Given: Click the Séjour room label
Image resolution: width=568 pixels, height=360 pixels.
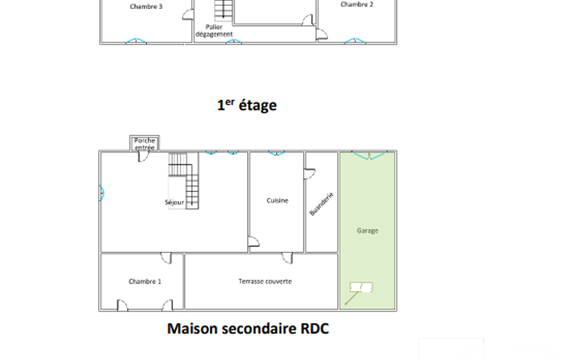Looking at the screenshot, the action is [x=174, y=203].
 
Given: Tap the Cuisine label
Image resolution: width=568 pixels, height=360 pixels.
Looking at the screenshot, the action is [x=278, y=200].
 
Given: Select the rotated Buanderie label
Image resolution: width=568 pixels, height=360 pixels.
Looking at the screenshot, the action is [x=321, y=204].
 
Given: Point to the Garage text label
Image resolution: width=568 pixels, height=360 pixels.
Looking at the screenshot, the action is [x=367, y=231].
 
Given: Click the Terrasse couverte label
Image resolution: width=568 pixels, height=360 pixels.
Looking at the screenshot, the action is [x=265, y=281].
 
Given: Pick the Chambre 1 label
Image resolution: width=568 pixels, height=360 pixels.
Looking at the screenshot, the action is [x=145, y=281].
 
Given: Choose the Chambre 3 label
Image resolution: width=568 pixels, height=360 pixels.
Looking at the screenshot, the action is [x=146, y=7].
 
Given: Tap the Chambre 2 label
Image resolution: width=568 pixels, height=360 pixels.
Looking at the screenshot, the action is [x=357, y=4].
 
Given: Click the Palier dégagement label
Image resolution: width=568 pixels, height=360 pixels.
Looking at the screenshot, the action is [x=214, y=30].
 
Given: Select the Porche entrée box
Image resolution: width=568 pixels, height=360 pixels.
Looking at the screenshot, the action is [x=145, y=143].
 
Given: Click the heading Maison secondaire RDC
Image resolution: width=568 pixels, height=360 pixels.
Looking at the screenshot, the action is [x=248, y=328].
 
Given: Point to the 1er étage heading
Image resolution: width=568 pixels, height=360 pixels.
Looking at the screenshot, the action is [x=247, y=105].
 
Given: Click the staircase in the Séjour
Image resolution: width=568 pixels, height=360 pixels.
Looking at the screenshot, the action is [x=183, y=181].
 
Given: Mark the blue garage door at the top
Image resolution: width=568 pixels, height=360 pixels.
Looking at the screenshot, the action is [x=369, y=156].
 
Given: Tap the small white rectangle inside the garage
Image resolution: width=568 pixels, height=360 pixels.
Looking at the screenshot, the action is [x=361, y=287].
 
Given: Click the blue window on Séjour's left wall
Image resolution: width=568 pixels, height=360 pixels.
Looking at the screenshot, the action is [x=103, y=193].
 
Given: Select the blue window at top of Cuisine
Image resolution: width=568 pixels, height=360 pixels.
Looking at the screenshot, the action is [x=277, y=153].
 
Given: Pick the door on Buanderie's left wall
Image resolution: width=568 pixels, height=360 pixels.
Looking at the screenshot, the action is [x=310, y=173].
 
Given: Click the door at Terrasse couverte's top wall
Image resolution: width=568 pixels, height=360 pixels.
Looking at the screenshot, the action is [x=287, y=258].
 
